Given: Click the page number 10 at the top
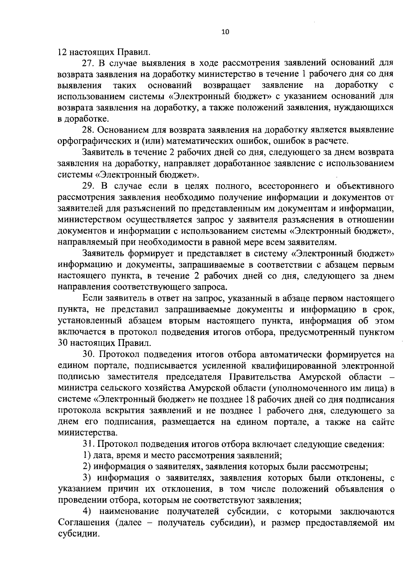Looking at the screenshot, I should [225, 32].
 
